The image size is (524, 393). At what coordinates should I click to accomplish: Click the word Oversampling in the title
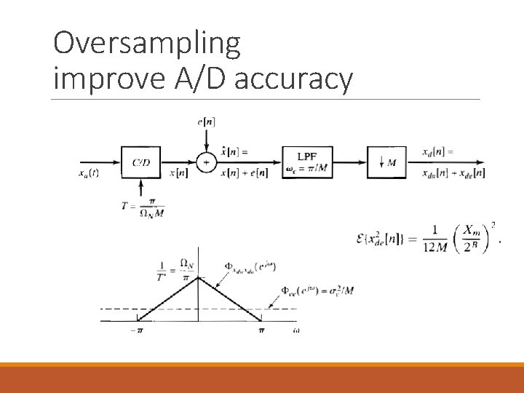tap(146, 45)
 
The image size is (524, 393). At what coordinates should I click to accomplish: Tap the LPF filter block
tap(307, 162)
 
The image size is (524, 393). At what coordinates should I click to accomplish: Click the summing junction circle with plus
tap(207, 162)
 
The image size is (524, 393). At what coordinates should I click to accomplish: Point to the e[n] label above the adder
tap(206, 122)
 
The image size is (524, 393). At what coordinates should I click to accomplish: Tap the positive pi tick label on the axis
tap(261, 332)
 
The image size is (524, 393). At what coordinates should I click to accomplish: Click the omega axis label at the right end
tap(296, 331)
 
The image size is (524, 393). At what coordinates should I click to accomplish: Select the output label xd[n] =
tap(438, 152)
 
